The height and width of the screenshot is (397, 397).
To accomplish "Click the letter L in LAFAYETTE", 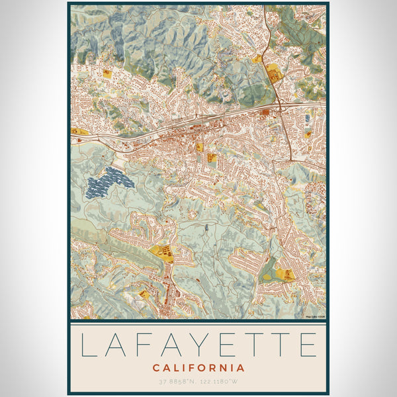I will [89, 345].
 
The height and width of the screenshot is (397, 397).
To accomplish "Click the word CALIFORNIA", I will [198, 368].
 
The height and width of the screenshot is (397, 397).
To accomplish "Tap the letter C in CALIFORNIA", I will [156, 368].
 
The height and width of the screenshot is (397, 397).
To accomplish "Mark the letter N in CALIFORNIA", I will [228, 368].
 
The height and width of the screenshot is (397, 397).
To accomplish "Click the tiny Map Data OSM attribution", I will [316, 317].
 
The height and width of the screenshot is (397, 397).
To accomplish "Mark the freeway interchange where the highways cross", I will [280, 108].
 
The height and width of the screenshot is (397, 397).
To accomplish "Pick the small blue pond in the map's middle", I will [206, 228].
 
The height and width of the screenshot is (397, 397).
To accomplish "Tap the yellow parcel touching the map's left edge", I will [77, 132].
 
